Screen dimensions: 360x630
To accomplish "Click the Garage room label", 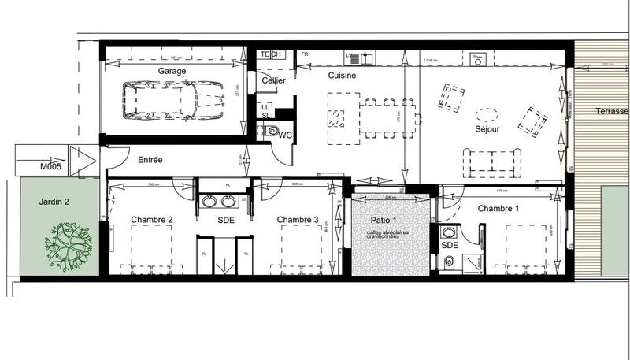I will tap(172, 71).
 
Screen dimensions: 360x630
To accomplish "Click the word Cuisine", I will tap(343, 76).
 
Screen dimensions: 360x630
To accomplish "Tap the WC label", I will tap(285, 135).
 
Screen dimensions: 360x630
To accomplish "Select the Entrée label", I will tap(150, 160).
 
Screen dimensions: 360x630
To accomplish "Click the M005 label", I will tap(51, 168).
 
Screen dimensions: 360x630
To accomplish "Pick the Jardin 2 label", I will tap(54, 202).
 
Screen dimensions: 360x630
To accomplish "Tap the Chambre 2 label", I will tap(152, 220).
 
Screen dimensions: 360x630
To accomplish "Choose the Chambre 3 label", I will tap(298, 220).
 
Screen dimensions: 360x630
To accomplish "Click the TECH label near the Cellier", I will tap(271, 54).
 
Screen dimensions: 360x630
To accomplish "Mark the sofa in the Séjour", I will tap(492, 161).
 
